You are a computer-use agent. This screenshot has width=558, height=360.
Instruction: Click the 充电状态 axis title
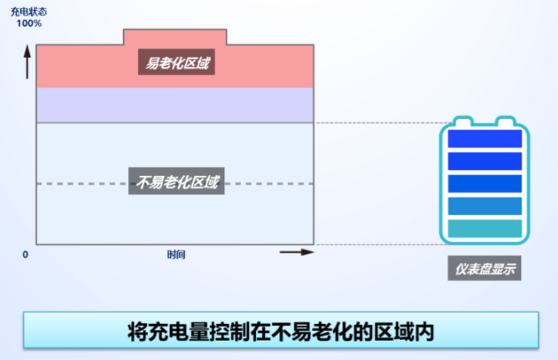click(x=28, y=12)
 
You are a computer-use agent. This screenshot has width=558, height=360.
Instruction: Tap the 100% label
click(x=28, y=23)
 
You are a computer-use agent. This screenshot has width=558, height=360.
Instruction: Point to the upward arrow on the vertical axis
click(x=27, y=62)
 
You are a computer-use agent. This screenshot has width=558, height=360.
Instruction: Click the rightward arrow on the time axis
click(x=297, y=252)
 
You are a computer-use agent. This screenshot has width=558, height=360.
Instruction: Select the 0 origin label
click(x=25, y=255)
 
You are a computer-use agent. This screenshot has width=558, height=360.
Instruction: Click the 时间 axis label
click(x=177, y=255)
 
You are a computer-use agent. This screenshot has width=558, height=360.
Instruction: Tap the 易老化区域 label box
click(x=177, y=62)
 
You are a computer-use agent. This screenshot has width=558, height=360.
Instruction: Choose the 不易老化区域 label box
click(x=177, y=181)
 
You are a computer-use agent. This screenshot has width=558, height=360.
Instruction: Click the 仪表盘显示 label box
click(x=484, y=268)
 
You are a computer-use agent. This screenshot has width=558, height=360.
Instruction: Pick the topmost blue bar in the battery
click(x=484, y=138)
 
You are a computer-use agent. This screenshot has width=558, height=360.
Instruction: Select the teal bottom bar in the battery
click(x=484, y=229)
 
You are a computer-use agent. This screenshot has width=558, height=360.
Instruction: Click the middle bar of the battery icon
click(x=484, y=183)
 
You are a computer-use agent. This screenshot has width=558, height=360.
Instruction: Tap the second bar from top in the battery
click(x=484, y=162)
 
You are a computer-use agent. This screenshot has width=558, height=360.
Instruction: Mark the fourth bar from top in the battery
click(x=484, y=206)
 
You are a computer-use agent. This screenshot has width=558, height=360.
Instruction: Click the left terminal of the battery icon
click(x=463, y=121)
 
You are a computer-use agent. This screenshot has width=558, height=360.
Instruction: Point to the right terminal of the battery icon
click(x=505, y=121)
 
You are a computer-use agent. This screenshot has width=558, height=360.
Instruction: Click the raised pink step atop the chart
click(x=175, y=37)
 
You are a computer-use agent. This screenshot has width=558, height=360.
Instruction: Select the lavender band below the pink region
click(x=175, y=105)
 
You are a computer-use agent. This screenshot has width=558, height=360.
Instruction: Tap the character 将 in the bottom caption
click(x=137, y=332)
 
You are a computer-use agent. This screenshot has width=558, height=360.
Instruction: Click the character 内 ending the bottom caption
click(x=423, y=332)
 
